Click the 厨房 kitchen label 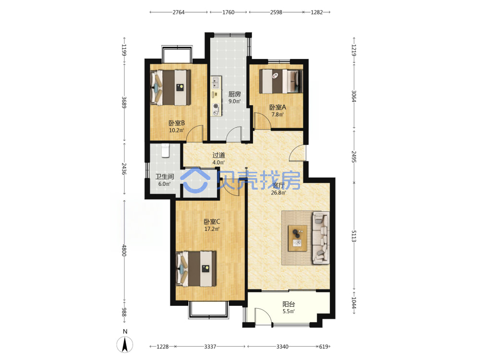235,94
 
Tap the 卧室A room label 277,107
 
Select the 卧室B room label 177,123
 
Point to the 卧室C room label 212,221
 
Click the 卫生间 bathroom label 164,177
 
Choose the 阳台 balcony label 288,304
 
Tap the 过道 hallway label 218,155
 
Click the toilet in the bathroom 165,150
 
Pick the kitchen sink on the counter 216,82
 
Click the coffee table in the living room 298,238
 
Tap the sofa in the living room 321,238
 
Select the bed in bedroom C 196,269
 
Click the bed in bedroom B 171,87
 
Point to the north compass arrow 125,344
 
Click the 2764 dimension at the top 179,12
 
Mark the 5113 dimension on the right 354,236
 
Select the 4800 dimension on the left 124,250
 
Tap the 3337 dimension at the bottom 210,347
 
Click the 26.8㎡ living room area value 278,192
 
